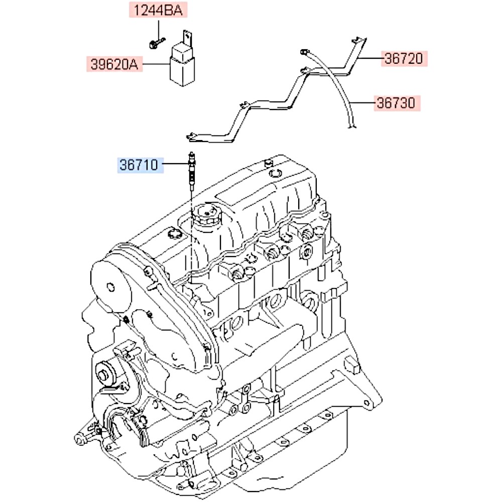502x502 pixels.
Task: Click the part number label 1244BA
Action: pos(158,10)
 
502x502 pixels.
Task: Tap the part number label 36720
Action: pos(404,59)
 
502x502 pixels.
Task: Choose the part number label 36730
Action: pos(397,103)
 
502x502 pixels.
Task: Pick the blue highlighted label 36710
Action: pos(141,165)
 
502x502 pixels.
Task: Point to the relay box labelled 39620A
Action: pos(184,65)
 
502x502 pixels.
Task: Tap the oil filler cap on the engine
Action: pos(206,216)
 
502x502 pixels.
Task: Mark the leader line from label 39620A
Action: pos(156,64)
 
